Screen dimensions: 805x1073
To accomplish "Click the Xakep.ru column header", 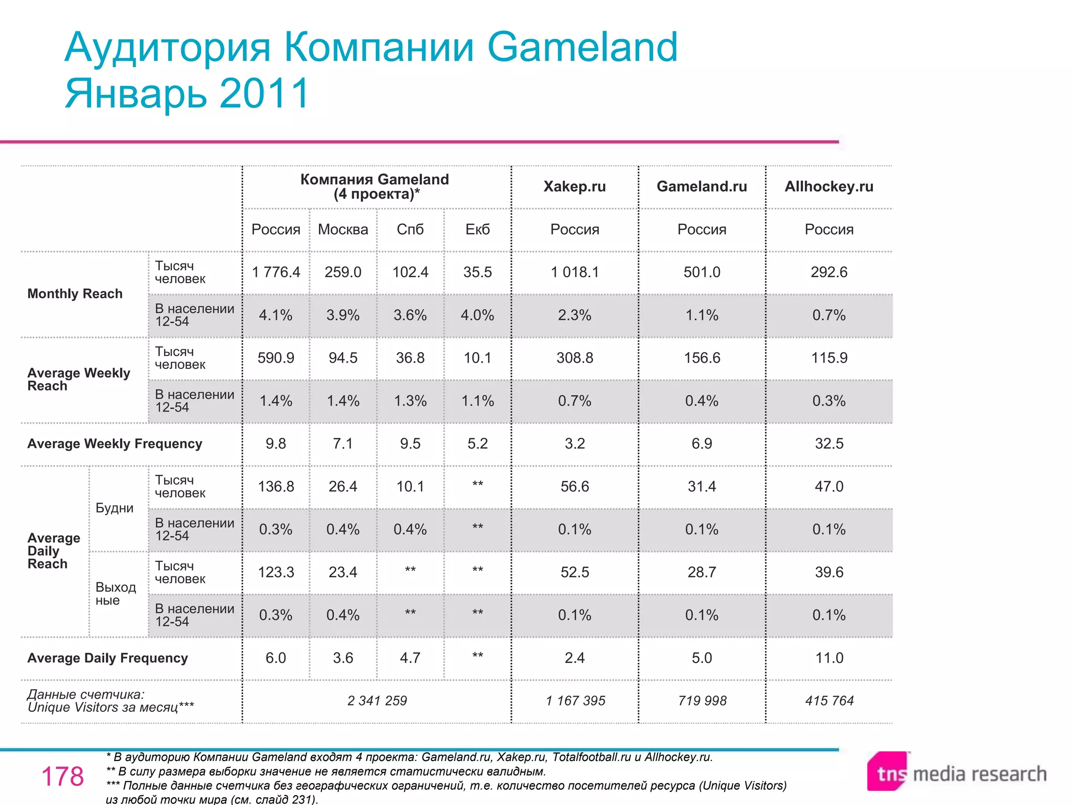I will [x=574, y=187].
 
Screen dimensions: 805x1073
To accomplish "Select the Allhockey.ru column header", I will [x=829, y=187].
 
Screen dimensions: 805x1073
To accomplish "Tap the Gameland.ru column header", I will [x=702, y=187].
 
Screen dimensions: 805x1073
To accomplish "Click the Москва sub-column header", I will [x=343, y=230].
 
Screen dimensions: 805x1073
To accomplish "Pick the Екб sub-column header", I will [x=477, y=230].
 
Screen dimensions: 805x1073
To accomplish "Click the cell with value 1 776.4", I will [x=276, y=273].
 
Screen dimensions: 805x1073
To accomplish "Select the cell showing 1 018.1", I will [x=574, y=273].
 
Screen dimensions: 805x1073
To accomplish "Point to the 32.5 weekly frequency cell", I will [x=829, y=444].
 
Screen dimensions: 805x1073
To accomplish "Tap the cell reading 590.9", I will [x=276, y=358].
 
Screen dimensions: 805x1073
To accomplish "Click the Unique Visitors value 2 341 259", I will [x=377, y=701].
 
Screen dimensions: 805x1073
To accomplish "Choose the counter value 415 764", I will [x=829, y=701].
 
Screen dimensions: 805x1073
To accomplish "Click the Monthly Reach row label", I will [x=75, y=294].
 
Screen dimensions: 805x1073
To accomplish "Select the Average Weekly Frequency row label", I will [x=115, y=444].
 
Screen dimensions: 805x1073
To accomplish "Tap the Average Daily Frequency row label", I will [x=107, y=658].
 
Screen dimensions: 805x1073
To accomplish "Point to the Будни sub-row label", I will [x=114, y=508].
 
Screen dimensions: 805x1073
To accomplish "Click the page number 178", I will [x=62, y=777].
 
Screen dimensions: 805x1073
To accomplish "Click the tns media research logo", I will [x=956, y=774].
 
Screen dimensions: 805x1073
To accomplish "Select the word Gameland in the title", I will [x=582, y=47].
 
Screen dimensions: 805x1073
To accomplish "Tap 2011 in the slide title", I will [x=265, y=93].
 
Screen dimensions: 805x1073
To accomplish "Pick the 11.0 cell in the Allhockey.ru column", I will [x=829, y=658].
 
